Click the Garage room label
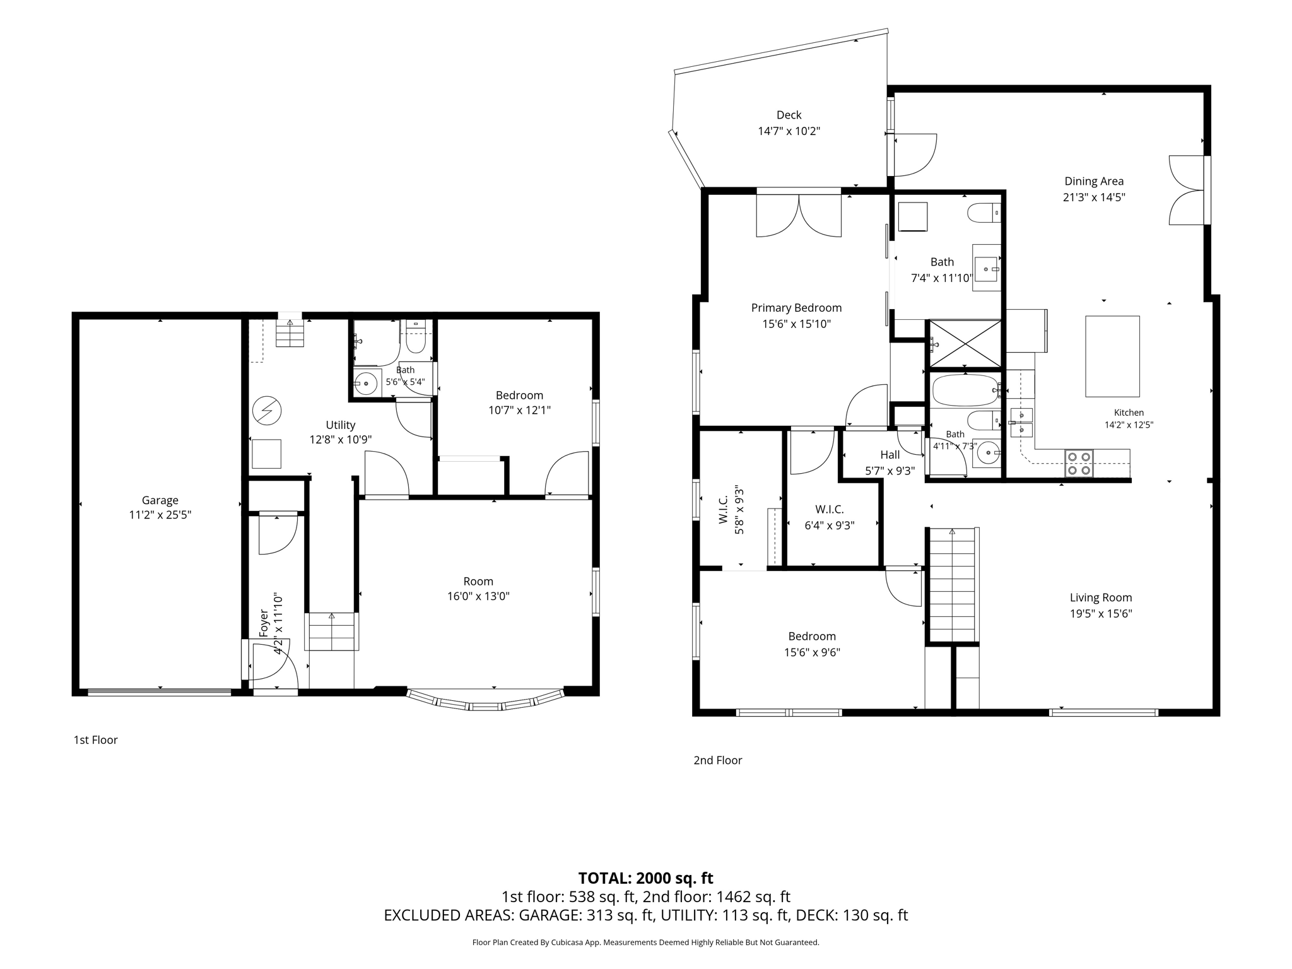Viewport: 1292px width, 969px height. coord(160,500)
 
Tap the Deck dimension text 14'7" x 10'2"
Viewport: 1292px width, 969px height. coord(789,131)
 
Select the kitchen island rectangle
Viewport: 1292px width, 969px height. coord(1112,356)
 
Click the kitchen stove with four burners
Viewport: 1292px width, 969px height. coord(1079,463)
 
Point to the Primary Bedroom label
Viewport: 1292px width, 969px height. coord(796,308)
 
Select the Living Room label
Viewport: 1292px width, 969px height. coord(1101,597)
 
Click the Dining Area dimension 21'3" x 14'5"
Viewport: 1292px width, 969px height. coord(1094,197)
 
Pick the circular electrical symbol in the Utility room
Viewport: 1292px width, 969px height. coord(266,411)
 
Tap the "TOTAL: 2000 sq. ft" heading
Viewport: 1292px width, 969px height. coord(645,878)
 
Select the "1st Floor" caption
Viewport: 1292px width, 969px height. coord(96,740)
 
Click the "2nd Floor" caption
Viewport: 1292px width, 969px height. coord(718,760)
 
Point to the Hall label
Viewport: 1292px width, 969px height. coord(890,454)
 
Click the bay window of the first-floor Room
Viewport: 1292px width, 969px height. coord(486,701)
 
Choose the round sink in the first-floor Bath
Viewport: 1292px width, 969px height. coord(366,383)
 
